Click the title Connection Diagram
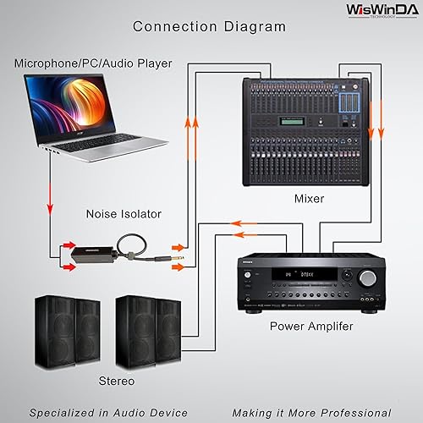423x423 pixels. coord(211,27)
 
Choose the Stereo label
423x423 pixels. coord(116,381)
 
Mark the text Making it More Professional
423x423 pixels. coord(314,412)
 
